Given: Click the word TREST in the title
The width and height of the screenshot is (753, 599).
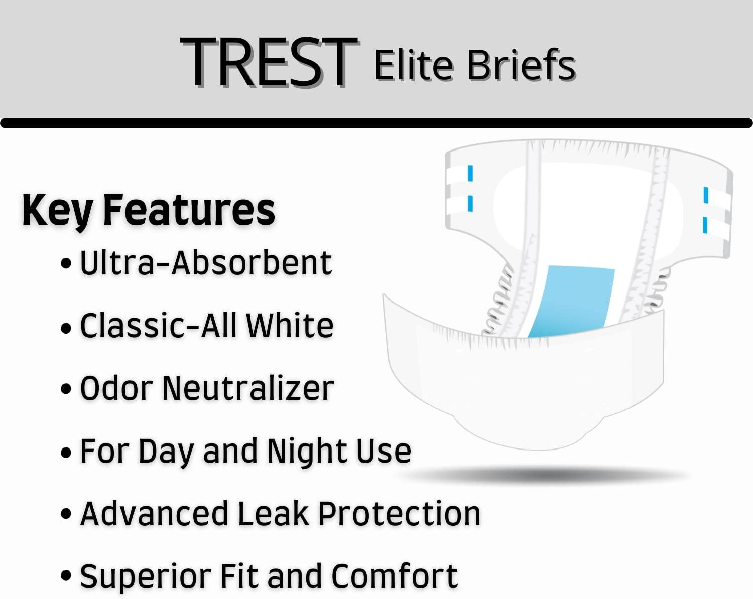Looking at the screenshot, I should click(x=269, y=63).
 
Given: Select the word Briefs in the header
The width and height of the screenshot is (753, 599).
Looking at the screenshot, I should click(x=522, y=65).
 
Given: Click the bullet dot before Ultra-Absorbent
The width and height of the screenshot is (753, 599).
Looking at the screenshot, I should click(x=66, y=264).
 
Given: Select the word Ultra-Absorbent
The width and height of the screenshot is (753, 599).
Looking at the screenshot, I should click(x=206, y=262).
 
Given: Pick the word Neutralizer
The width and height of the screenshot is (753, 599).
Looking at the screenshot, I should click(x=248, y=388).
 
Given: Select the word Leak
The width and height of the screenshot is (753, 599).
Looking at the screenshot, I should click(x=273, y=514).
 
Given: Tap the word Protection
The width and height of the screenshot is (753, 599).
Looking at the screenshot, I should click(x=399, y=514).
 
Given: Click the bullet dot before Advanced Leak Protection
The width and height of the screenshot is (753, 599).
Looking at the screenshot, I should click(x=66, y=515).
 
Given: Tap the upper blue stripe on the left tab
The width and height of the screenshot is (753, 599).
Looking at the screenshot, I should click(x=470, y=173).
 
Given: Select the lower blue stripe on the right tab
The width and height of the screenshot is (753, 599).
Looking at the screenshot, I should click(x=705, y=225).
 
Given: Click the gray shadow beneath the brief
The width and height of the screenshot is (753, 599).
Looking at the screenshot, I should click(x=547, y=474).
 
